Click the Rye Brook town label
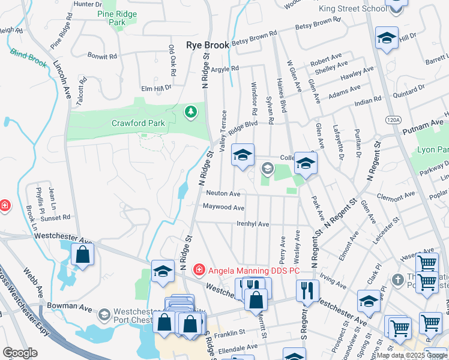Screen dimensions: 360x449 (x=208, y=45)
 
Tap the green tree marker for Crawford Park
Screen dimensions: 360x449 (x=190, y=112)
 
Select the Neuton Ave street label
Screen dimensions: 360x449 (x=223, y=194)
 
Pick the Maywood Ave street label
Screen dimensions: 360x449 (x=223, y=208)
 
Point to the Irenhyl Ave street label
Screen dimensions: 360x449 (x=253, y=224)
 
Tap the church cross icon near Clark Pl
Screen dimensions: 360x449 (x=397, y=280)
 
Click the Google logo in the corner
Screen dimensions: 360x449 (x=20, y=353)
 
